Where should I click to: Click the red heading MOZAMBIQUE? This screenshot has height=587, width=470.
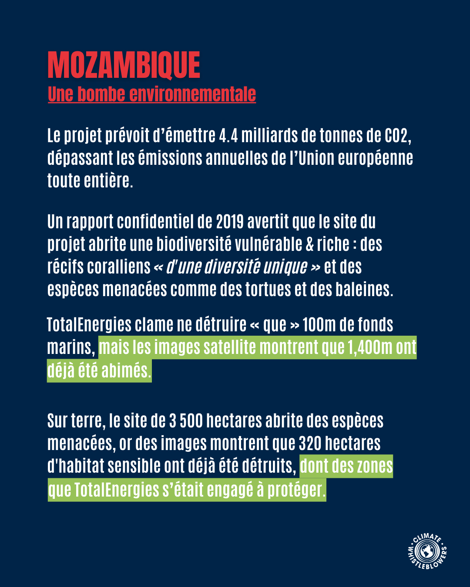click(x=124, y=65)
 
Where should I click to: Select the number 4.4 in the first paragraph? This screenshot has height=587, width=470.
click(x=228, y=136)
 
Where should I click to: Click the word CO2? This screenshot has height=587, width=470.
click(x=397, y=136)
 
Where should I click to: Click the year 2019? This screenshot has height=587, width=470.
click(x=230, y=222)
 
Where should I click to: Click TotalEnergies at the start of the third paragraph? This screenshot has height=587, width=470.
click(x=89, y=325)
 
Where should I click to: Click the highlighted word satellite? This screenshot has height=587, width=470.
click(x=230, y=347)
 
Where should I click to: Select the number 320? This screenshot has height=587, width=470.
click(x=309, y=444)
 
